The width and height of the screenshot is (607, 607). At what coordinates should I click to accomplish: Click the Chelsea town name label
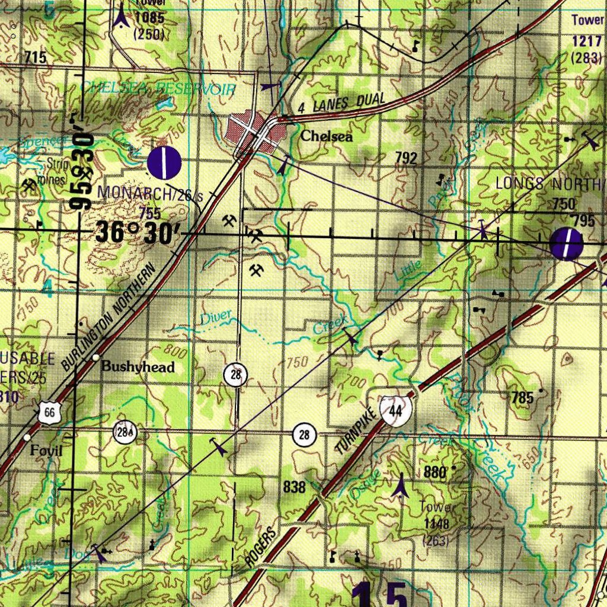[x=326, y=136]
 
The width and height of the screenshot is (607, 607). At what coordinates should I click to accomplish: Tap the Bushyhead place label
[x=138, y=367]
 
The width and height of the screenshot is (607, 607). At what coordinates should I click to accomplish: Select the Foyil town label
[x=46, y=451]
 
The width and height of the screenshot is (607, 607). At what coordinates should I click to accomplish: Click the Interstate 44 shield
[x=397, y=410]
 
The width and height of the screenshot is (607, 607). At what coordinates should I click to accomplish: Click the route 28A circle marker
[x=125, y=433]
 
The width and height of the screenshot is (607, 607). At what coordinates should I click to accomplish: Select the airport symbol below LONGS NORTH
[x=566, y=244]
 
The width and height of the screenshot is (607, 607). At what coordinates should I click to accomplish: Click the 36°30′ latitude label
[x=138, y=232]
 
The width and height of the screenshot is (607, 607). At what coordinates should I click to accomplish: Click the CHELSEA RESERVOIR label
[x=158, y=89]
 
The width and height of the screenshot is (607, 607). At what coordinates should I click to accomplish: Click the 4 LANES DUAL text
[x=341, y=104]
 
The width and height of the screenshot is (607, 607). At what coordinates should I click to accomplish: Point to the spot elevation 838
[x=294, y=487]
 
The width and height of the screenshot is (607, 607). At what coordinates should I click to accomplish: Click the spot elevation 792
[x=406, y=158]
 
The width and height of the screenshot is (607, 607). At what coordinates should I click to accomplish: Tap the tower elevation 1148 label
[x=436, y=524]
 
